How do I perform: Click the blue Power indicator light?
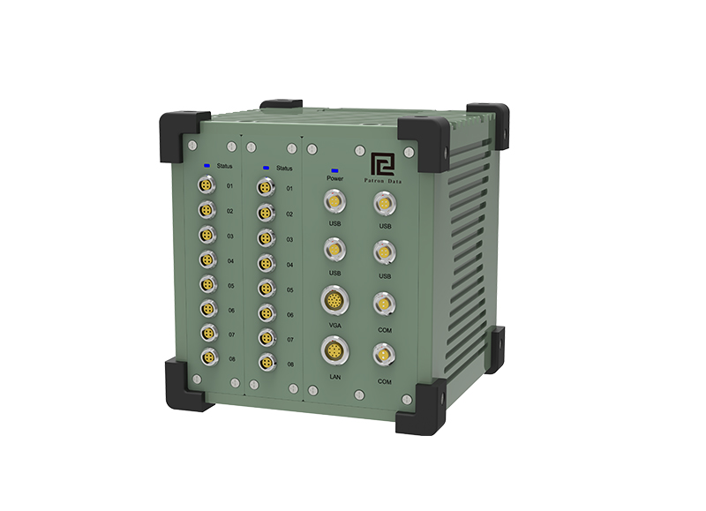(x=335, y=170)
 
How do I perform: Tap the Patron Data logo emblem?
(x=383, y=164)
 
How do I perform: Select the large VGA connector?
(x=335, y=300)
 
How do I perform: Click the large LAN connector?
(x=335, y=350)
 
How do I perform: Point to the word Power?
(x=335, y=179)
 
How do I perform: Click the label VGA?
(x=335, y=325)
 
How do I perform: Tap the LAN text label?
(x=335, y=377)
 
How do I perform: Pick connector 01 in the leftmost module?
(x=207, y=185)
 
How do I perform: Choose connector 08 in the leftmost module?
(x=209, y=357)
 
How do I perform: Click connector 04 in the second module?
(x=267, y=263)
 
